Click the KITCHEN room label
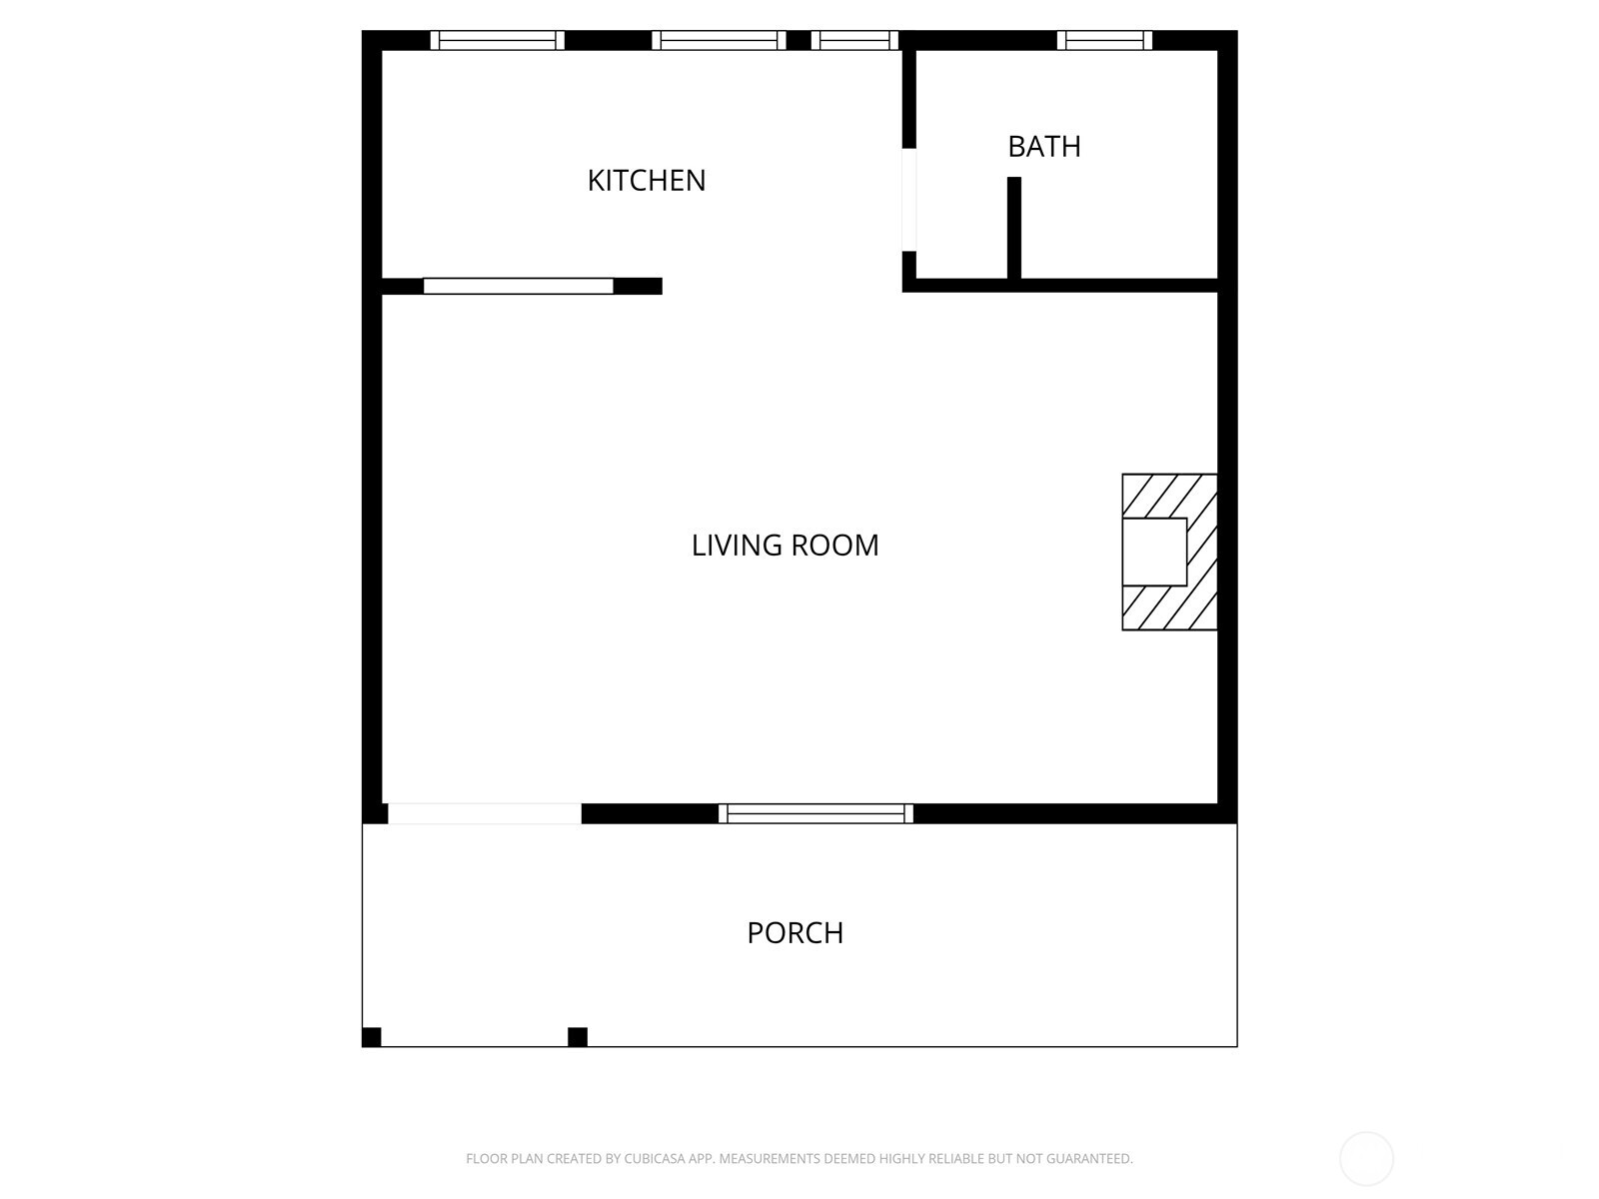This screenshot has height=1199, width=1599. (x=646, y=180)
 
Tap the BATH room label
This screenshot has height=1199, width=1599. (x=1043, y=147)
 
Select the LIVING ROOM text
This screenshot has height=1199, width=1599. (x=785, y=545)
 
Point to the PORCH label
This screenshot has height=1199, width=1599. (x=795, y=932)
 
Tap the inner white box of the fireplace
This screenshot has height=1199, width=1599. (x=1154, y=552)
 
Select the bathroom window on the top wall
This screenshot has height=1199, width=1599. (x=1104, y=41)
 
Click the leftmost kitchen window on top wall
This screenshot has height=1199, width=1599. (x=498, y=41)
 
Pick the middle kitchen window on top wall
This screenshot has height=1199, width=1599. (x=719, y=41)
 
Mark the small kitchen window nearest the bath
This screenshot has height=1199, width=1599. (x=854, y=41)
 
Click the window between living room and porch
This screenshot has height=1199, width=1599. (x=815, y=813)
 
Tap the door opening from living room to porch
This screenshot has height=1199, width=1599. (x=485, y=813)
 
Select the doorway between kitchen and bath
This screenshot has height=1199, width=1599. (x=909, y=200)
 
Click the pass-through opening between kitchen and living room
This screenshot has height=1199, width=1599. (x=518, y=286)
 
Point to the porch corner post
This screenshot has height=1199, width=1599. (x=372, y=1037)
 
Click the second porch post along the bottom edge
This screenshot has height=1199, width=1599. (x=578, y=1037)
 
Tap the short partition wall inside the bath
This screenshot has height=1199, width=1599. (x=1014, y=228)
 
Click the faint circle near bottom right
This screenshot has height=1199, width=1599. (x=1366, y=1159)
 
